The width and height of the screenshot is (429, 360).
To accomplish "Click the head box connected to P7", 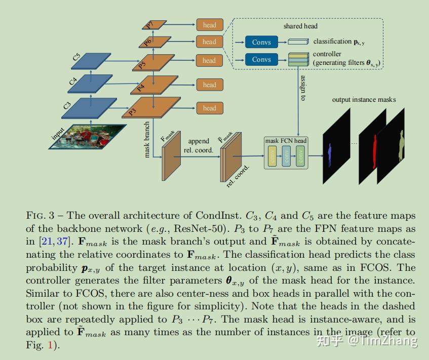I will pos(209,25).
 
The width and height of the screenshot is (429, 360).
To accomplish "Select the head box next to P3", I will pos(209,108).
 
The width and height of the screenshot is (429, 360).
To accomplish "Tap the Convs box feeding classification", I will pos(261,42).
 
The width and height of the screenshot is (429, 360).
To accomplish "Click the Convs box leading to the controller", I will pos(261,60).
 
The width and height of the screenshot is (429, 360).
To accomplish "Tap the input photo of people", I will pos(87,136).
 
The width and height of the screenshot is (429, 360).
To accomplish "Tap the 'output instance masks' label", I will pos(364,100).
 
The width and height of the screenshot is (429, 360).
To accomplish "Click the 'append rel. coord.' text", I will pos(198,145).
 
